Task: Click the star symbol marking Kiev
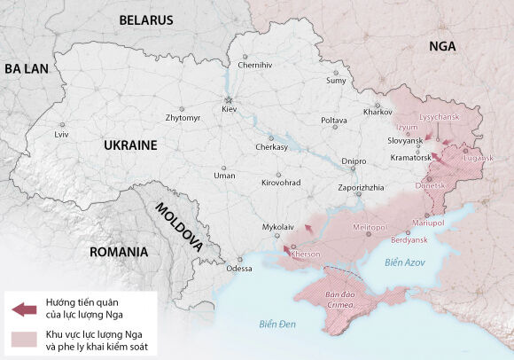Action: [229, 98]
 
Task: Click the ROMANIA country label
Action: [118, 252]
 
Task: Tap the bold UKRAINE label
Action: [130, 145]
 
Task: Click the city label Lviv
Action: [61, 134]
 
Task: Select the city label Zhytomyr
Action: [183, 117]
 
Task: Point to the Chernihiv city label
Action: [254, 65]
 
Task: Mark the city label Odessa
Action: [239, 268]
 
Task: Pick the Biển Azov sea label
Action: [405, 263]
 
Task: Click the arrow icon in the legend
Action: [24, 309]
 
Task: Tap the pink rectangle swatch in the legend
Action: [24, 338]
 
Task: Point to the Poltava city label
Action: [333, 119]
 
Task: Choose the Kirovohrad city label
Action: [281, 182]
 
